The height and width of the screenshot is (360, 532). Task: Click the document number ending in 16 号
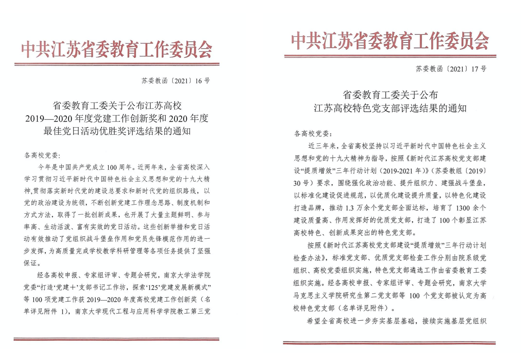coord(176,81)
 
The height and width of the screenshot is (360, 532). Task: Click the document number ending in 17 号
coord(451,69)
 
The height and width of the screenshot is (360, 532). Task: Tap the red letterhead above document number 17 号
coord(390,41)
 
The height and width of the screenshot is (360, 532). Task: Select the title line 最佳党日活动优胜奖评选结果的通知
coord(117,131)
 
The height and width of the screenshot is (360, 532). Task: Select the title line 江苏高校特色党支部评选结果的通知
coord(390,108)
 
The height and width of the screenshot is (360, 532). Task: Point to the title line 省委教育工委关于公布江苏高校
coord(117,106)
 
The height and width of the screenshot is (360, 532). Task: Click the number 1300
coord(463,208)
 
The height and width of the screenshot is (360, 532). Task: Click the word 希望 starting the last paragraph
coord(314,321)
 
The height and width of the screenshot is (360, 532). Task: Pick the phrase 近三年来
coord(322,146)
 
